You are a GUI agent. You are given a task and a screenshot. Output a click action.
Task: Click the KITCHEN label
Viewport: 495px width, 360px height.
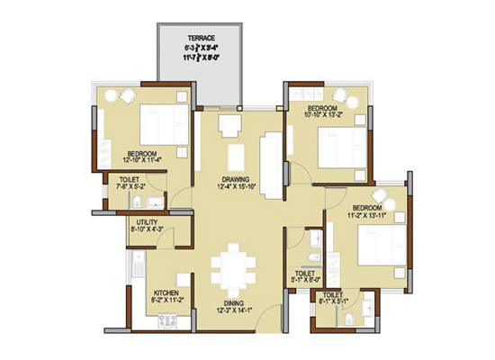coord(168,293)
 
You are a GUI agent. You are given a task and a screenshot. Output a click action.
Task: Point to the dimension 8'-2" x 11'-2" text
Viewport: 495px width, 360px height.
coord(168,302)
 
